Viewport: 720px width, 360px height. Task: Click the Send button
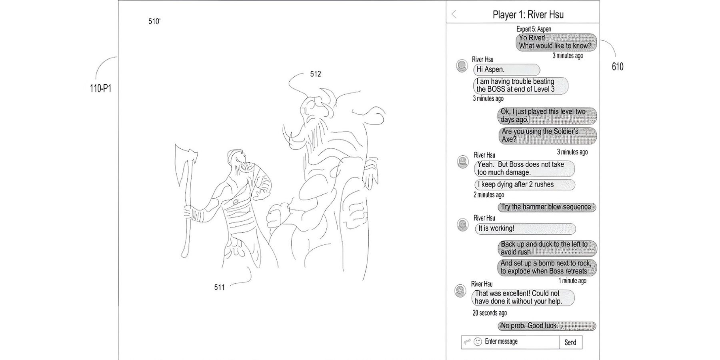[571, 342]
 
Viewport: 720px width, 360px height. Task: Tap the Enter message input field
[510, 342]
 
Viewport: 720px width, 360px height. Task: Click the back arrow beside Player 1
[454, 14]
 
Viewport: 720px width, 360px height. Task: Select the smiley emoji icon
[478, 342]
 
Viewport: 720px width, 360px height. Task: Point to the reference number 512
[316, 74]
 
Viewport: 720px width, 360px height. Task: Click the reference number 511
[220, 287]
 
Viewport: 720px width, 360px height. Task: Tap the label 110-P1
[100, 88]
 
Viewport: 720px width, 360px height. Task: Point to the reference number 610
[618, 67]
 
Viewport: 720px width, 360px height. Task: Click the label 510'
[154, 21]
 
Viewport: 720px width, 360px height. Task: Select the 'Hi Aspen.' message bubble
[506, 70]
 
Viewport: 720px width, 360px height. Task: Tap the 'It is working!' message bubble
[525, 228]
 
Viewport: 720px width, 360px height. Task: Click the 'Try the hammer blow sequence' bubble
[547, 207]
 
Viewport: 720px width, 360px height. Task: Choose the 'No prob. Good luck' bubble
[547, 326]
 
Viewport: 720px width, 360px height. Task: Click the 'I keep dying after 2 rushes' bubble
[525, 184]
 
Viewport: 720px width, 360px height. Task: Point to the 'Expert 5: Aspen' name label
[534, 29]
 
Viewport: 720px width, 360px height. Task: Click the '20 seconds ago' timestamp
[490, 313]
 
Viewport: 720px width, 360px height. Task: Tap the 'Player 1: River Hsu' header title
[528, 15]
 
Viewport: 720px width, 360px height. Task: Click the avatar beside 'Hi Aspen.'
[462, 66]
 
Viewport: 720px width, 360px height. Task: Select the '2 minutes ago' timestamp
[489, 195]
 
